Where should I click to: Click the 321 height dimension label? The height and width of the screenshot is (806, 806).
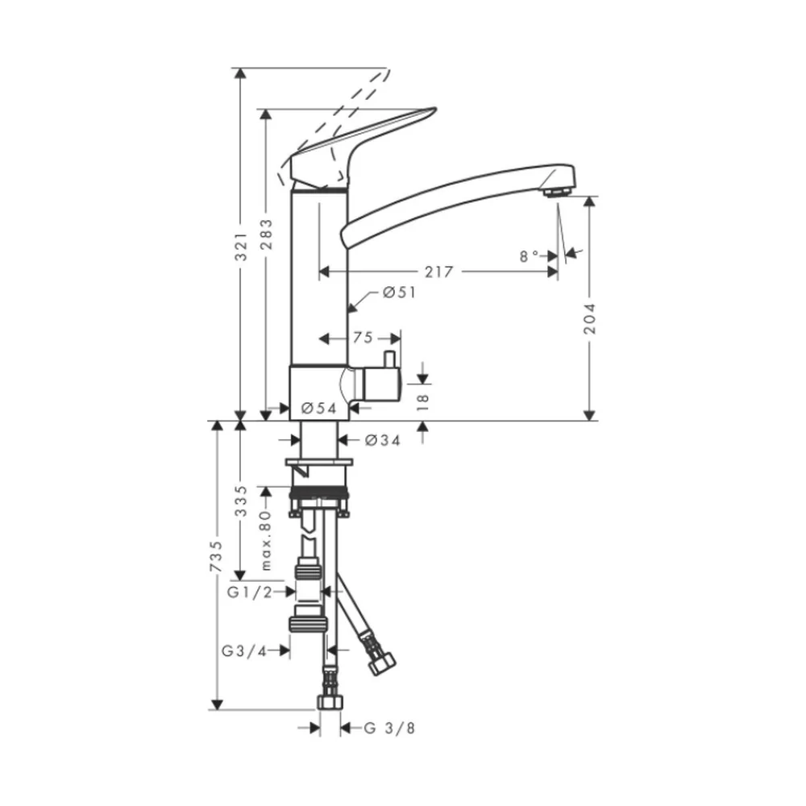pyautogui.click(x=241, y=246)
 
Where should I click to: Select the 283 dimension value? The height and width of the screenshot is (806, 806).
pyautogui.click(x=266, y=235)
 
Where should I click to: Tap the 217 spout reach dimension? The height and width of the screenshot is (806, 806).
pyautogui.click(x=439, y=272)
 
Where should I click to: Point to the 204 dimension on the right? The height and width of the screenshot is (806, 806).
pyautogui.click(x=590, y=318)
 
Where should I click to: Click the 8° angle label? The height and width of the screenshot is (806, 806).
pyautogui.click(x=529, y=256)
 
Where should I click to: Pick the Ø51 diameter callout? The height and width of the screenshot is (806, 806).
pyautogui.click(x=400, y=293)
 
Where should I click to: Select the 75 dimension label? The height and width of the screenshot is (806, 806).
pyautogui.click(x=363, y=338)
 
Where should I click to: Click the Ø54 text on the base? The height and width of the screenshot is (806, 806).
pyautogui.click(x=318, y=408)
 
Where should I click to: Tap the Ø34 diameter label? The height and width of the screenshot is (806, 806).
pyautogui.click(x=382, y=440)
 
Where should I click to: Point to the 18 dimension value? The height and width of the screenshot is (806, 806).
pyautogui.click(x=422, y=402)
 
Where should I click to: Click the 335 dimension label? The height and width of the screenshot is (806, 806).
pyautogui.click(x=241, y=501)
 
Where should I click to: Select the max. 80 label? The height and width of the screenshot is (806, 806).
pyautogui.click(x=265, y=540)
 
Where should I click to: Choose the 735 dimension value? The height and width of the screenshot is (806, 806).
pyautogui.click(x=216, y=556)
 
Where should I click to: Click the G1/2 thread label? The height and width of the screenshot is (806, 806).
pyautogui.click(x=250, y=592)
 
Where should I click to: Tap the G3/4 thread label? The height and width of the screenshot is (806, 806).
pyautogui.click(x=245, y=651)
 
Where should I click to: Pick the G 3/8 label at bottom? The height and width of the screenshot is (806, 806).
pyautogui.click(x=389, y=728)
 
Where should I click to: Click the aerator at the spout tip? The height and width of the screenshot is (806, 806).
pyautogui.click(x=557, y=193)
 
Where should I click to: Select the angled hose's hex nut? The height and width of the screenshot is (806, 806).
pyautogui.click(x=382, y=663)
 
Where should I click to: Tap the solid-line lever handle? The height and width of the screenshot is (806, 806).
pyautogui.click(x=355, y=149)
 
